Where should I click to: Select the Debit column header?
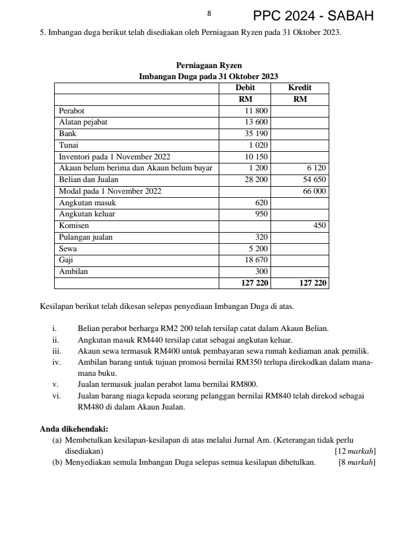click(x=244, y=88)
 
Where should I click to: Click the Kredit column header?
click(x=300, y=88)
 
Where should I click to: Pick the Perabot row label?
click(x=72, y=111)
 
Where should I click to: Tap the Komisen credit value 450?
click(x=319, y=226)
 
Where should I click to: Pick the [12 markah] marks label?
click(x=354, y=451)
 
